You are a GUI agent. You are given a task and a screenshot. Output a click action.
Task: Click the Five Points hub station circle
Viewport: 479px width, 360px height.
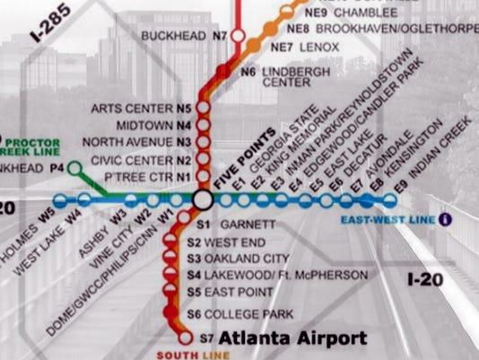tap(202, 199)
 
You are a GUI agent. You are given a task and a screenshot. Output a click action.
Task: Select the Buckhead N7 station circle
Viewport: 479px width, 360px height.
tap(239, 36)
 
